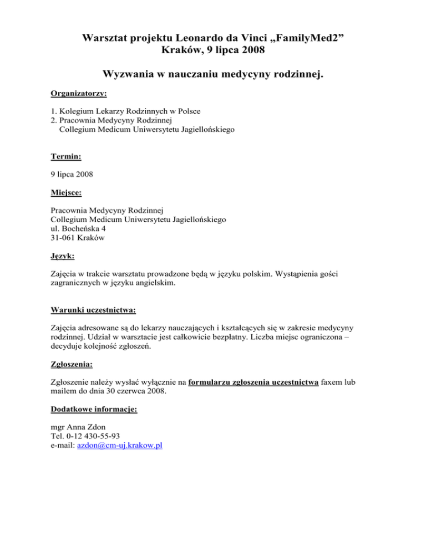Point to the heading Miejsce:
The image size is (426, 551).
[x=67, y=193]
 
